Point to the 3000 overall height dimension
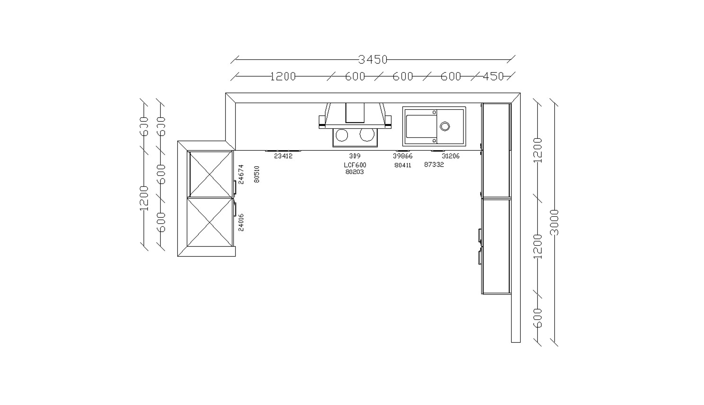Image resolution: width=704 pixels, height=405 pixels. (x=554, y=223)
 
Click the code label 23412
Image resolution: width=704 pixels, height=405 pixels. (x=283, y=156)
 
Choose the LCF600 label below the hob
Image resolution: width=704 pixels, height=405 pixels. (x=355, y=165)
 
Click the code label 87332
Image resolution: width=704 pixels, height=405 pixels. (x=434, y=165)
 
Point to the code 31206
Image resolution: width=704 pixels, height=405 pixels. (x=451, y=156)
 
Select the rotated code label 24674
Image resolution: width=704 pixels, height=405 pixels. (x=241, y=174)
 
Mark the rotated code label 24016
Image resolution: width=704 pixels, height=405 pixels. (x=241, y=223)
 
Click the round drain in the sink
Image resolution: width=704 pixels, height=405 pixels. (x=445, y=126)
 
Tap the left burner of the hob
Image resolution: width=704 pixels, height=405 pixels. (x=342, y=135)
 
